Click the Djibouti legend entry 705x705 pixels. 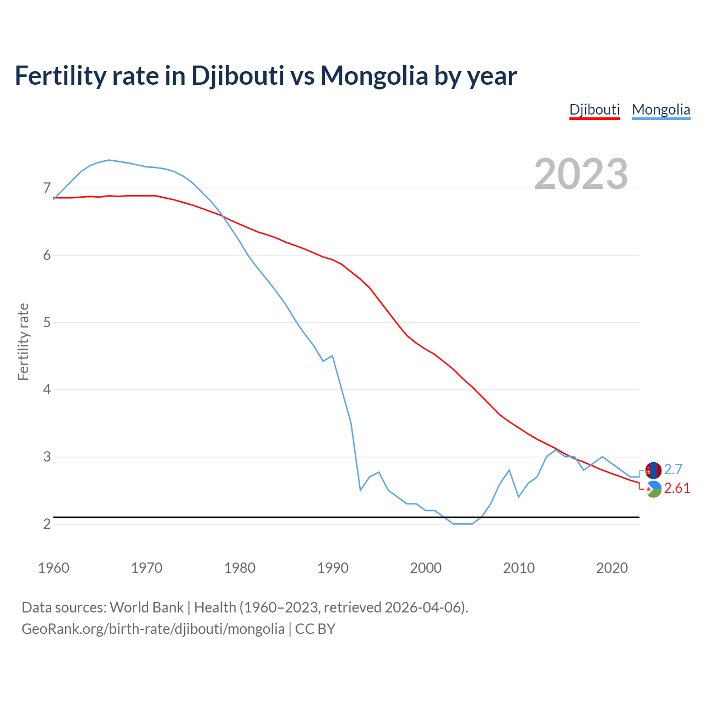tap(594, 110)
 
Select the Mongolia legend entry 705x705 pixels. tap(661, 110)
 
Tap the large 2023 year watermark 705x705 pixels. tap(581, 173)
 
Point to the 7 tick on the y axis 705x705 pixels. tap(47, 188)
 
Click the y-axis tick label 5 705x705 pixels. tap(47, 322)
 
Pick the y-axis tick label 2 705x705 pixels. tap(47, 524)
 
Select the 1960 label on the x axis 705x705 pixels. tap(54, 568)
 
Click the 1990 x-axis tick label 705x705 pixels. tap(333, 568)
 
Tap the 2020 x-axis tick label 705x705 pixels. tap(612, 568)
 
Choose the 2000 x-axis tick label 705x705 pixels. tap(426, 568)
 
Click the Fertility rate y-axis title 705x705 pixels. tap(23, 341)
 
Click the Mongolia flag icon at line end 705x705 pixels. tap(653, 470)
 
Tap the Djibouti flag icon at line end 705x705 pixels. tap(653, 490)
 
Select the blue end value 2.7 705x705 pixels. tap(673, 469)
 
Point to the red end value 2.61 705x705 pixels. tap(677, 489)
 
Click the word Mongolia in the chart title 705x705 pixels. tap(375, 75)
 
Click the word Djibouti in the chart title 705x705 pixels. tap(237, 75)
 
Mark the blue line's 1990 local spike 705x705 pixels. tap(332, 356)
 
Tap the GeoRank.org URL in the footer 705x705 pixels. tap(153, 629)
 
